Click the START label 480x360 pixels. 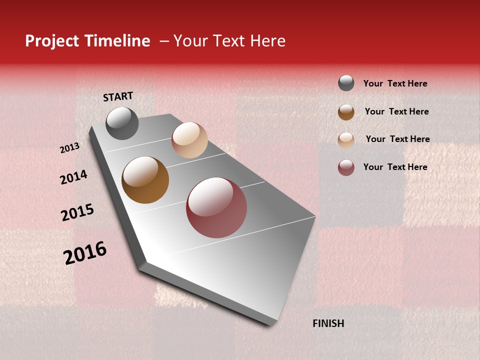(x=118, y=96)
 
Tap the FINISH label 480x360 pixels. (x=328, y=323)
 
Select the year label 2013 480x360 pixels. (x=69, y=148)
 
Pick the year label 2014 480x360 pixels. (x=73, y=177)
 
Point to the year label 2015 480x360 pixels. (x=77, y=212)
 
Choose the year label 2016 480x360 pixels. (x=85, y=252)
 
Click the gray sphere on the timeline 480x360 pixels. (x=122, y=123)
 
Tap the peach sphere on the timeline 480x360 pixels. (x=189, y=140)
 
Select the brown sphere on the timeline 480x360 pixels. (x=145, y=180)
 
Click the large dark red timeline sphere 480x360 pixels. (x=216, y=207)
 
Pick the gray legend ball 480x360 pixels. (x=346, y=83)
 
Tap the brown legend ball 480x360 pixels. (x=346, y=112)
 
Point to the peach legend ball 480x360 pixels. (x=346, y=140)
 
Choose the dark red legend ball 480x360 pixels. (x=346, y=167)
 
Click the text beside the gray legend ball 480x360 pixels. (x=395, y=83)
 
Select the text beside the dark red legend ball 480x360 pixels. (x=395, y=167)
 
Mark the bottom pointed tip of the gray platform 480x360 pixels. (x=271, y=324)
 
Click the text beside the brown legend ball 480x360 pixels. (x=396, y=111)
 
